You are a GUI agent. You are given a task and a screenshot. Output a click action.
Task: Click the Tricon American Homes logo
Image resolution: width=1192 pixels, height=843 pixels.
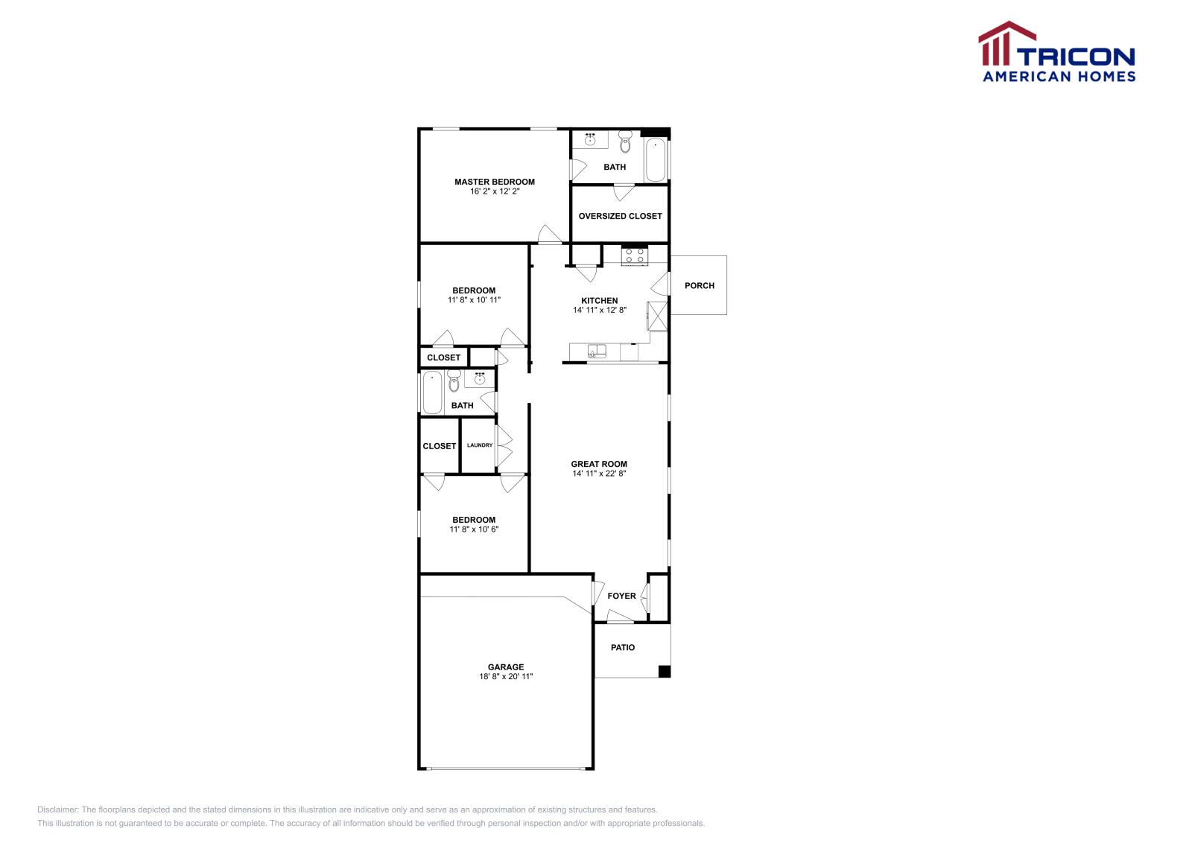[x=1057, y=52]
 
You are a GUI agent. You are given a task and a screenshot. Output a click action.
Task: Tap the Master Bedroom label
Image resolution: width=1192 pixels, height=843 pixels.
[x=495, y=182]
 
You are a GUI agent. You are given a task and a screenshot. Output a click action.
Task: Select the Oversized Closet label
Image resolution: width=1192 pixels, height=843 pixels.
[x=620, y=216]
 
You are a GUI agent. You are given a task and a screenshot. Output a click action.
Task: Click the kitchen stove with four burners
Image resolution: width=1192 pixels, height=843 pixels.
[x=635, y=256]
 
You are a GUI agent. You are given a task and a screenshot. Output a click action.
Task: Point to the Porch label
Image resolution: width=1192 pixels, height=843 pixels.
[x=699, y=285]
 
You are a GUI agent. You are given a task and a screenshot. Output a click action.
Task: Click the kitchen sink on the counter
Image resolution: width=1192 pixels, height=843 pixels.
[x=596, y=351]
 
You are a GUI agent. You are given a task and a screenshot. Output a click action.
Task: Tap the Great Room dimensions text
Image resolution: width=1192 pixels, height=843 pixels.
[x=599, y=474]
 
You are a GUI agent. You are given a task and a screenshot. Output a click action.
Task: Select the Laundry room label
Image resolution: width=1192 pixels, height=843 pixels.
[x=480, y=445]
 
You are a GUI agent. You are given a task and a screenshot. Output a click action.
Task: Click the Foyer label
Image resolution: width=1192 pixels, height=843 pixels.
[x=621, y=596]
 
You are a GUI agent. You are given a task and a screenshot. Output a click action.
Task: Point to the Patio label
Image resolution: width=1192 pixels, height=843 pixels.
[x=623, y=647]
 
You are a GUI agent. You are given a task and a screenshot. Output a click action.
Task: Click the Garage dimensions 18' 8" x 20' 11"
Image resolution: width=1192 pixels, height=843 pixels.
[x=506, y=677]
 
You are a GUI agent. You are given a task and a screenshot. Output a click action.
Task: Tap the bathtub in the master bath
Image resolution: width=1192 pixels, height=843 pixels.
[x=656, y=159]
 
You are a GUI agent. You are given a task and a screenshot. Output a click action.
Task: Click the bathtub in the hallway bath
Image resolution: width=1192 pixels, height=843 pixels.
[x=432, y=392]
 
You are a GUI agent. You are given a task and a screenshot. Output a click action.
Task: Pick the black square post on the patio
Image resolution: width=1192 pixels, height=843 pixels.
[x=665, y=671]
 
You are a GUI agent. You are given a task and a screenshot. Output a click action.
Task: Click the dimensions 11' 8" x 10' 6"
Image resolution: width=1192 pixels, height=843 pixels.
[x=474, y=529]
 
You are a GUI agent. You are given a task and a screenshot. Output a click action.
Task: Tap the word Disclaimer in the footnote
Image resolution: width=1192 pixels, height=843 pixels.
[x=57, y=809]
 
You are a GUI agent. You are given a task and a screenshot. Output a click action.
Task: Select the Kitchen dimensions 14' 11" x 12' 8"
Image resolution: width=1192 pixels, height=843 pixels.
[x=600, y=311]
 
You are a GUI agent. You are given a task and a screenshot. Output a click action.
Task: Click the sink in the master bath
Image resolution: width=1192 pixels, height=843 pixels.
[x=590, y=139]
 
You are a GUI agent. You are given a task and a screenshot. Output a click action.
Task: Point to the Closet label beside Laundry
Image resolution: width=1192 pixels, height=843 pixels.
[x=440, y=446]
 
